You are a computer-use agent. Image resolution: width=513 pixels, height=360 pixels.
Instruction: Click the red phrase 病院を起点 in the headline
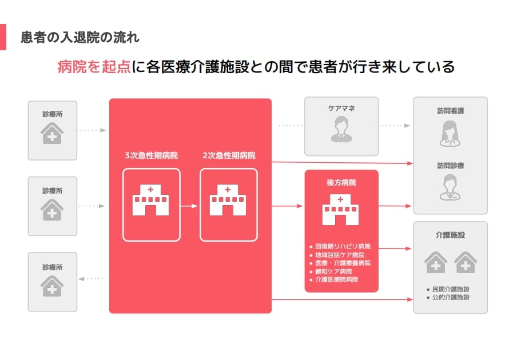[94, 67]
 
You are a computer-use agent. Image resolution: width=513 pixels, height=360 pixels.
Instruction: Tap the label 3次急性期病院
[151, 155]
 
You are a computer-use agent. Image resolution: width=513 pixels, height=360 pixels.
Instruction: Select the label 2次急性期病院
[229, 155]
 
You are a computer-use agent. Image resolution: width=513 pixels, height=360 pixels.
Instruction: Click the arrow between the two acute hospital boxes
[189, 205]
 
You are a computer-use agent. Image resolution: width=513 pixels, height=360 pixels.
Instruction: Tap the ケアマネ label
[341, 107]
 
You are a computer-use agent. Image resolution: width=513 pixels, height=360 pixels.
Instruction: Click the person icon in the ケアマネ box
[341, 129]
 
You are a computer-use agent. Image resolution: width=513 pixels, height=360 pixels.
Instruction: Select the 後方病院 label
[341, 182]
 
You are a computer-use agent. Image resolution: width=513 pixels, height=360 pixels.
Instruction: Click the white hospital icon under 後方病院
[341, 210]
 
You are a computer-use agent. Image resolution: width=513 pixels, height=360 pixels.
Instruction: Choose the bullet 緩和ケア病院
[333, 271]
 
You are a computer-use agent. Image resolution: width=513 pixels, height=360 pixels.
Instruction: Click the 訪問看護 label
[450, 111]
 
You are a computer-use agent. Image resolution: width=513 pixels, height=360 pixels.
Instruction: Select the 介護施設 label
[450, 235]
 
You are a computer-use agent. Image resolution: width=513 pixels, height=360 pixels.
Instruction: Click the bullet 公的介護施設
[450, 297]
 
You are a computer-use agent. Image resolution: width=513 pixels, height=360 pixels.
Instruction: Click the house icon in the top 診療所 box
[52, 133]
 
